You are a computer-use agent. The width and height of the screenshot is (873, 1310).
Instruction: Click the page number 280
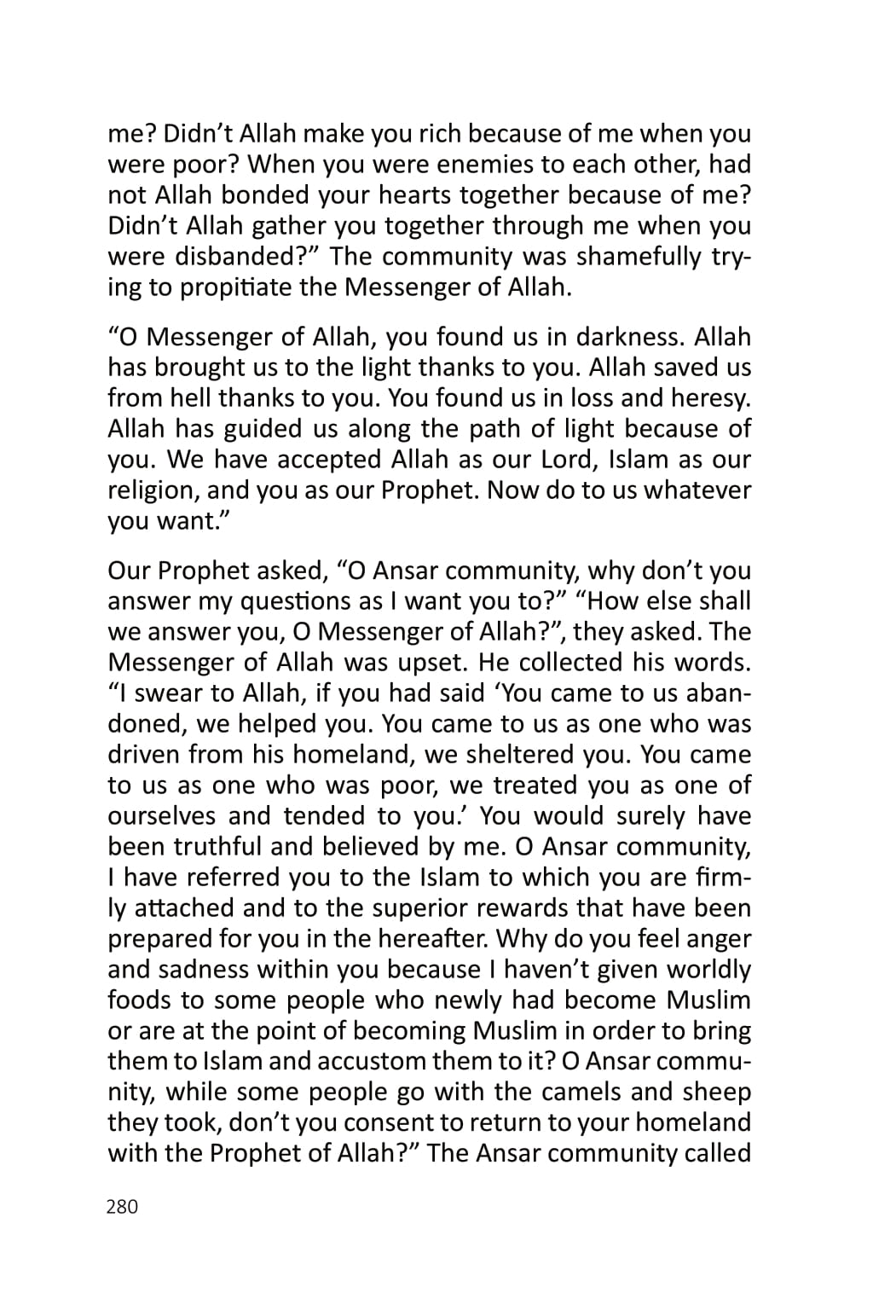coord(122,1207)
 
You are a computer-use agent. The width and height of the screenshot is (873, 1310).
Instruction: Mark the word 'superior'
coord(464,908)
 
